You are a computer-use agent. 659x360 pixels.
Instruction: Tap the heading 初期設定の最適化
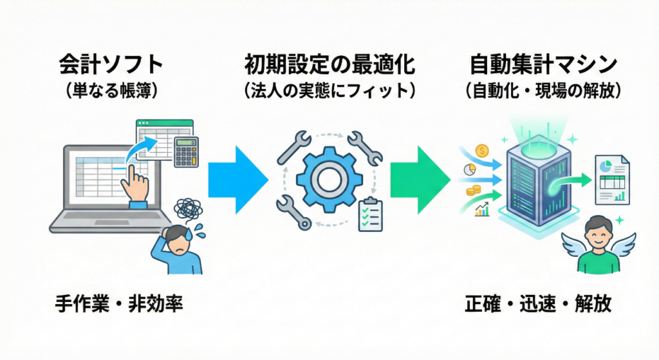click(329, 66)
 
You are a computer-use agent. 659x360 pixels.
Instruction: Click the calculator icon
click(186, 153)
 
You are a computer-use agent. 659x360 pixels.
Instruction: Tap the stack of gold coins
click(475, 191)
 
